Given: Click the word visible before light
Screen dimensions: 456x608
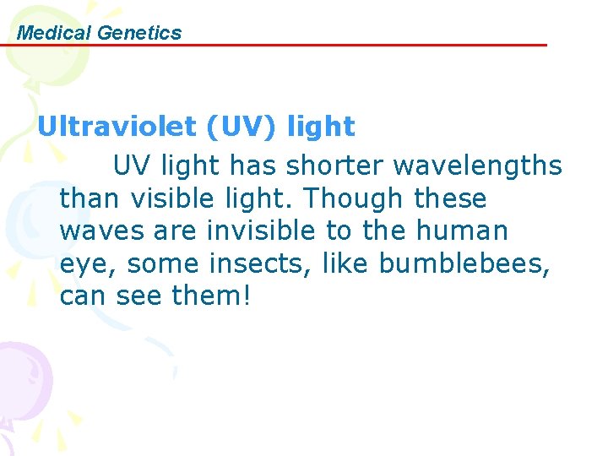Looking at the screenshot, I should [174, 199].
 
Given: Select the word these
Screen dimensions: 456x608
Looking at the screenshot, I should [450, 199].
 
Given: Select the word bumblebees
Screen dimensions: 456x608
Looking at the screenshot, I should [464, 263].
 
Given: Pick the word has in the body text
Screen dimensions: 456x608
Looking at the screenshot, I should [256, 166].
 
